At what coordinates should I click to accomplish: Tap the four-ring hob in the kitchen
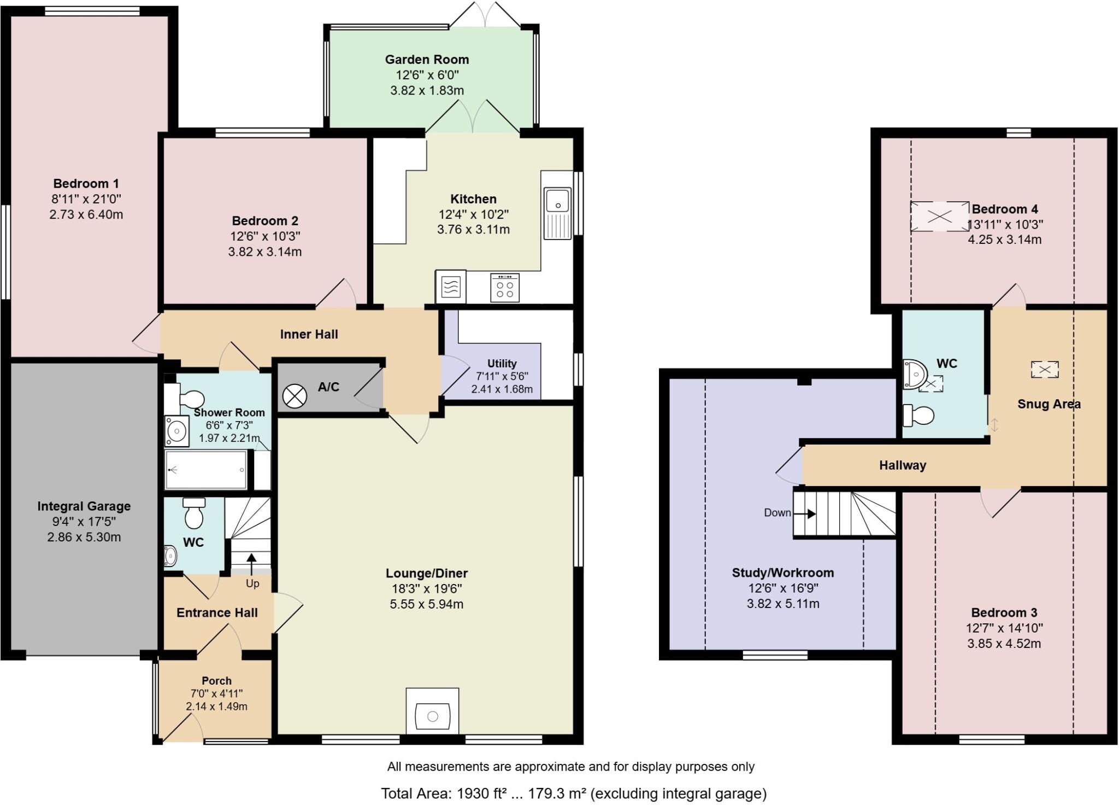pyautogui.click(x=505, y=288)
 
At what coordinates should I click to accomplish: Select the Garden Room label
pyautogui.click(x=427, y=60)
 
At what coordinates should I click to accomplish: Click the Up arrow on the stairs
pyautogui.click(x=252, y=564)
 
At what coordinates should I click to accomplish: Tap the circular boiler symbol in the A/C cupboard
pyautogui.click(x=295, y=395)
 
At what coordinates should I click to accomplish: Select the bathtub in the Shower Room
pyautogui.click(x=207, y=470)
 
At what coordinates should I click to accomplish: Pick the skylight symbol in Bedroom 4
pyautogui.click(x=939, y=217)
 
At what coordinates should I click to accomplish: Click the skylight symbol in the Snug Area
pyautogui.click(x=1044, y=370)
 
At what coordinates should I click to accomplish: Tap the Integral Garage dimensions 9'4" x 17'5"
pyautogui.click(x=84, y=522)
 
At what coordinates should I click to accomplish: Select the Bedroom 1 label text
pyautogui.click(x=86, y=184)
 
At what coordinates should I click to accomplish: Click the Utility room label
pyautogui.click(x=502, y=364)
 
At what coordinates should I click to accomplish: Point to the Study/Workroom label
pyautogui.click(x=782, y=573)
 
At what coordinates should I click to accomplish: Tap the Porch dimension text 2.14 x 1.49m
pyautogui.click(x=216, y=706)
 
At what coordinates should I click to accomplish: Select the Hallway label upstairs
pyautogui.click(x=902, y=465)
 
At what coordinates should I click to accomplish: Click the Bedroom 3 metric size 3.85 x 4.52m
pyautogui.click(x=1004, y=644)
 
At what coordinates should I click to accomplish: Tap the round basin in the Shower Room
pyautogui.click(x=176, y=431)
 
